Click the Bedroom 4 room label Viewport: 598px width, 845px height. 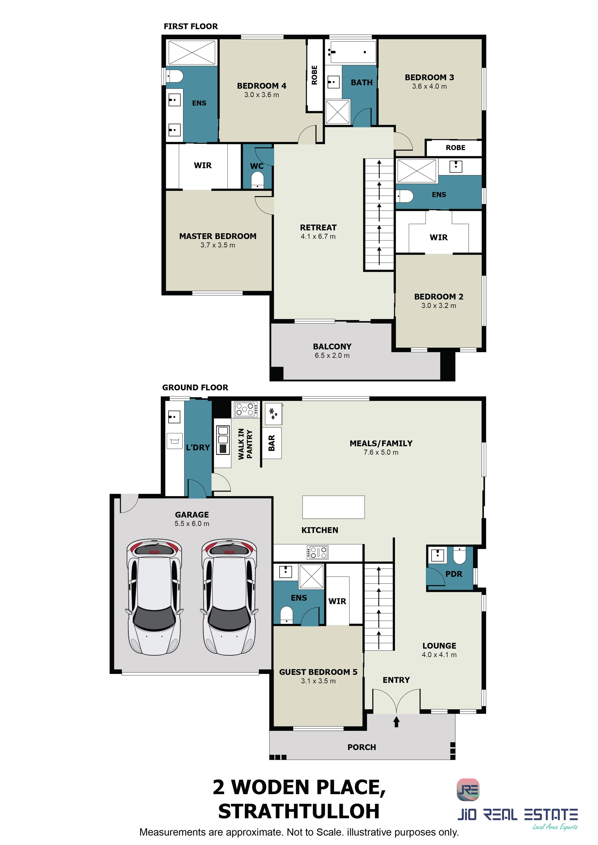261,86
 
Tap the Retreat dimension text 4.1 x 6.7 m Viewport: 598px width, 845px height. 318,236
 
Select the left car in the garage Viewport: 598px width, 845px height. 154,598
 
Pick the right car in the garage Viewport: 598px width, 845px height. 229,598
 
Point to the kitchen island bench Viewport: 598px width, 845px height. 333,507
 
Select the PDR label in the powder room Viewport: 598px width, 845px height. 454,574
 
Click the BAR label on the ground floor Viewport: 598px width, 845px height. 272,443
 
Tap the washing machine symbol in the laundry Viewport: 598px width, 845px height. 175,440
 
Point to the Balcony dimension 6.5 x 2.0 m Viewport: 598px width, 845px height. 332,356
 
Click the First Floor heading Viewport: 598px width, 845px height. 191,27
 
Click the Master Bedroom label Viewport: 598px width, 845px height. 218,236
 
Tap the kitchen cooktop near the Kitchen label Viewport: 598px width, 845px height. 317,552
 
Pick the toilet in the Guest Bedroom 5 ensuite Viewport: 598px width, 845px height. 286,615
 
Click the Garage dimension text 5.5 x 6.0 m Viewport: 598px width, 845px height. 192,524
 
